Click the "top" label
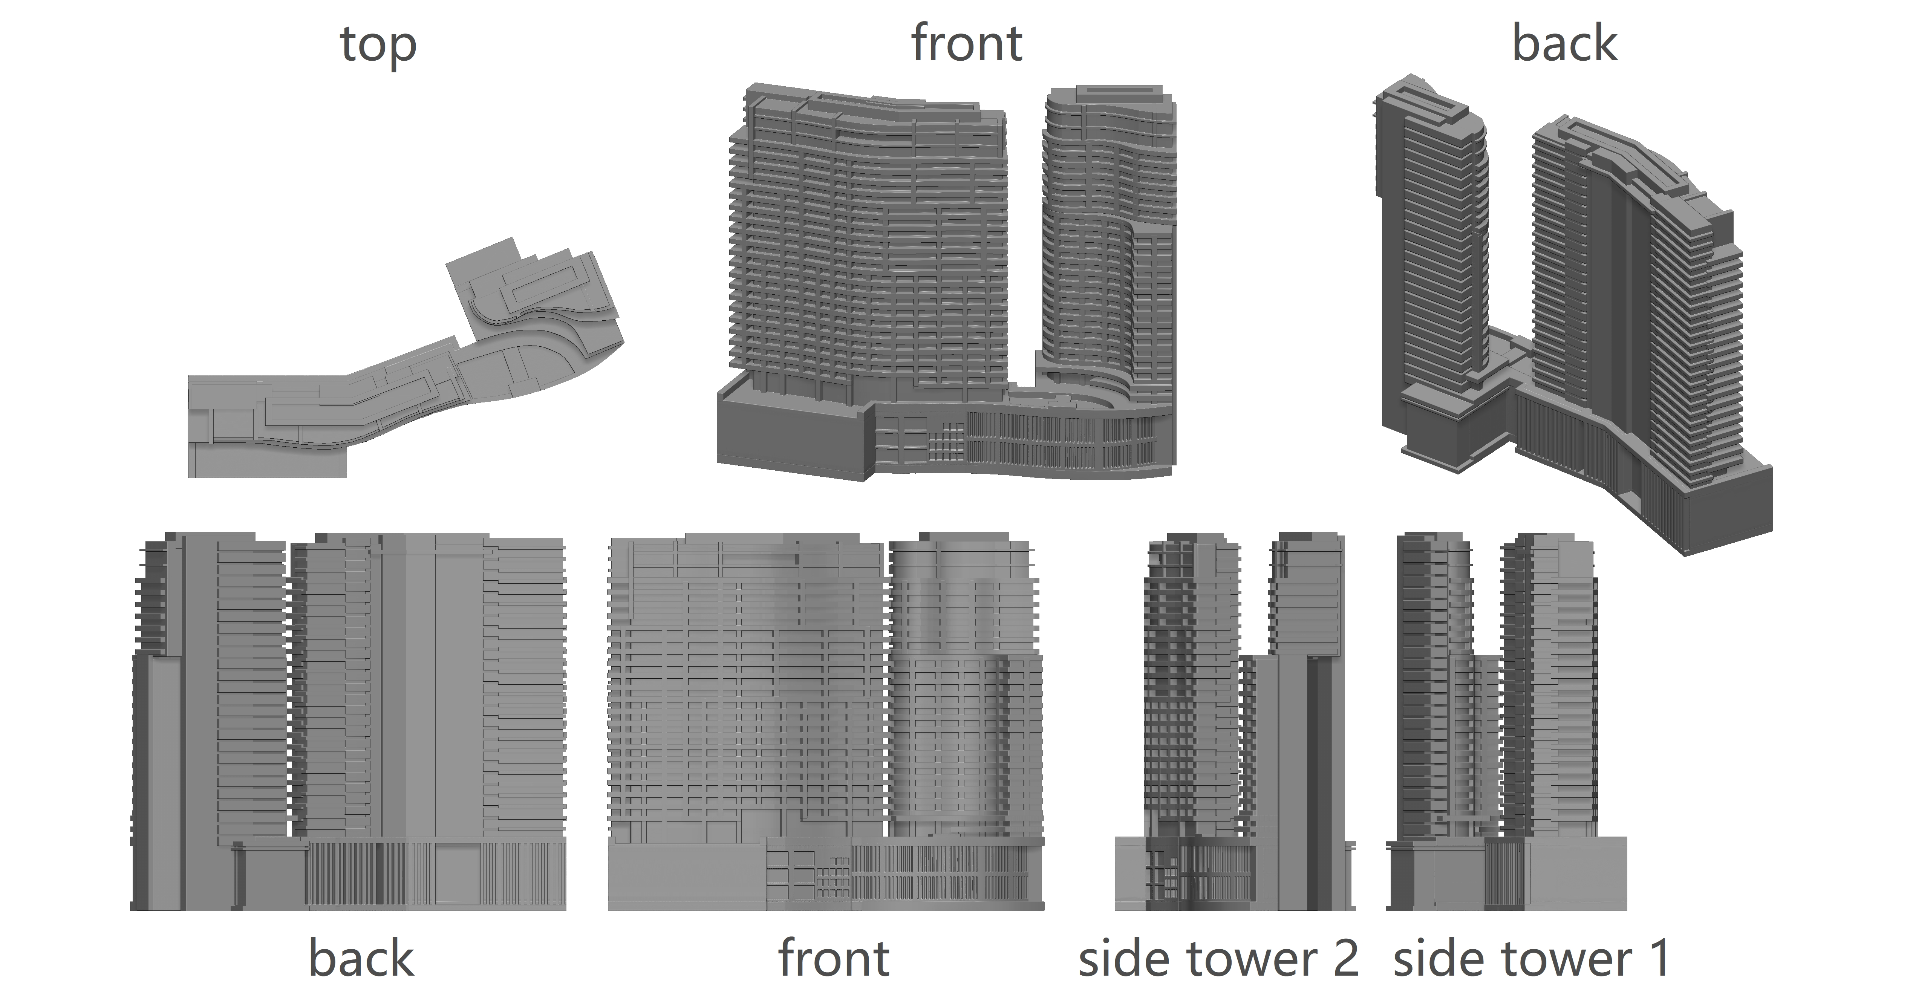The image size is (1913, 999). (x=378, y=46)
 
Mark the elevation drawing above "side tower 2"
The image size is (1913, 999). (x=1233, y=721)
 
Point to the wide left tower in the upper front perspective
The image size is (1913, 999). (x=869, y=245)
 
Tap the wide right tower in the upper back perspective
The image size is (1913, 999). (x=1634, y=297)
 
